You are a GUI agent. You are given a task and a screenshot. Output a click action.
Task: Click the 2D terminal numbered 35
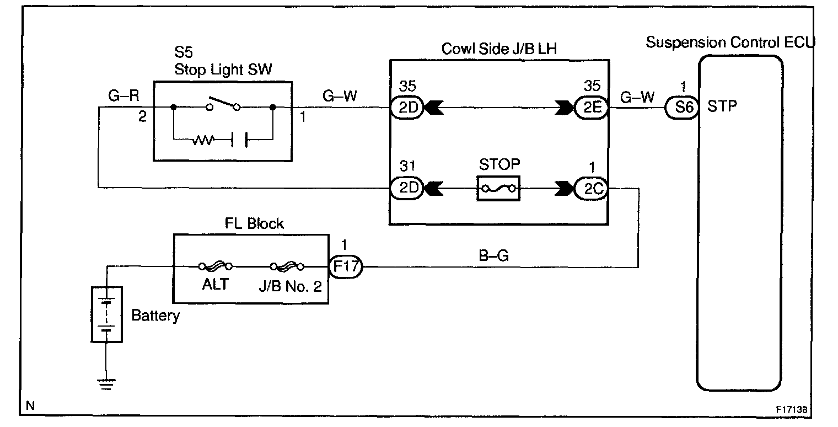click(x=406, y=107)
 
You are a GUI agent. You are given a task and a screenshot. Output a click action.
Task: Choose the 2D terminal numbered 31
click(x=406, y=188)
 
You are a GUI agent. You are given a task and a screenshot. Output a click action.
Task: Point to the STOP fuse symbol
click(x=498, y=188)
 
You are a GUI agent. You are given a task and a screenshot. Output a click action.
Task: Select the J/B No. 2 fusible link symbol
click(x=287, y=266)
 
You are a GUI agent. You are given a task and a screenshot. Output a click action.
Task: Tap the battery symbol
click(x=106, y=314)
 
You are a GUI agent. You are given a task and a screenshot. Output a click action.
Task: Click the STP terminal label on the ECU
click(x=722, y=106)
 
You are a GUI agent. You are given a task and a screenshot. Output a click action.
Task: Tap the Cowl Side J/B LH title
click(x=499, y=49)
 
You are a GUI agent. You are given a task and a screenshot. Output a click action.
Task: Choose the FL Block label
click(x=255, y=224)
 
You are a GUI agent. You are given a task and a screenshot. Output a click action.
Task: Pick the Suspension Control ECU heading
click(x=730, y=42)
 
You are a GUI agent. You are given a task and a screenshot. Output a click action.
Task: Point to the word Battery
click(x=155, y=316)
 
